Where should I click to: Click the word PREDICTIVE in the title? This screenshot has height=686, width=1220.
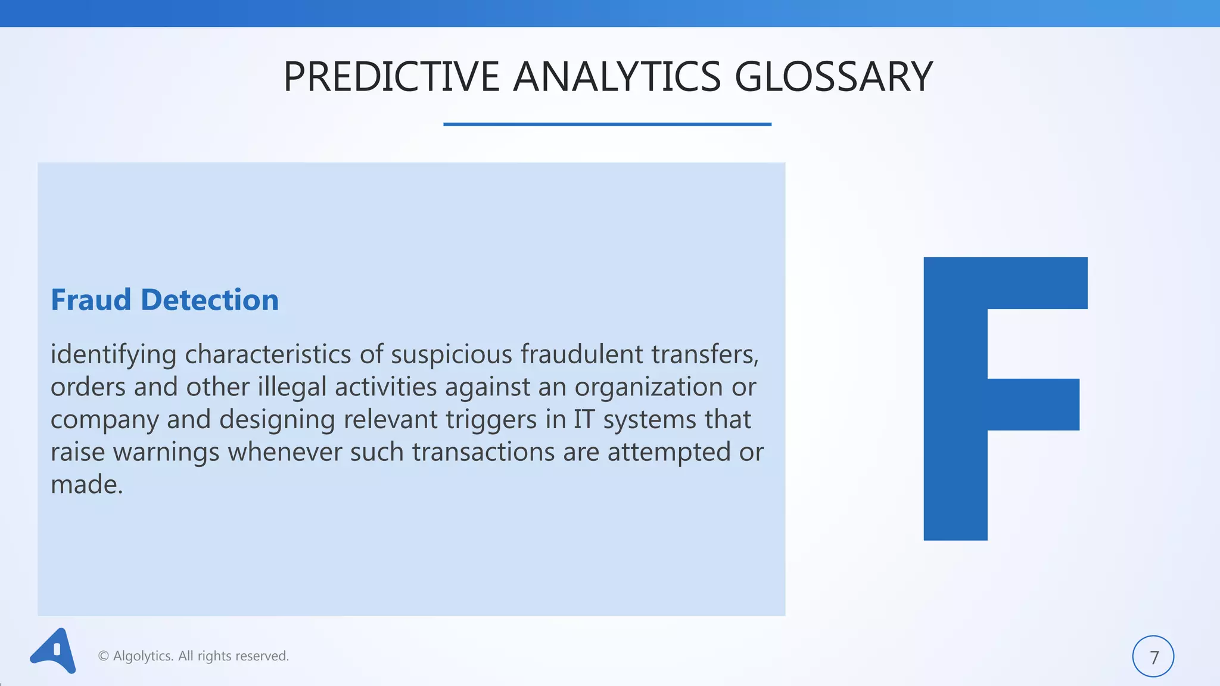tap(391, 77)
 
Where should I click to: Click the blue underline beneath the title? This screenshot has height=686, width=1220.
tap(607, 124)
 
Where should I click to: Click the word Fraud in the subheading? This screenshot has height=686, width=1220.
tap(91, 300)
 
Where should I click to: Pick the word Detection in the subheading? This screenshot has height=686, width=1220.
tap(210, 300)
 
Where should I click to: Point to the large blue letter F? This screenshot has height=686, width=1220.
tap(955, 398)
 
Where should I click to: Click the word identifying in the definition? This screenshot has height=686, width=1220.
tap(113, 355)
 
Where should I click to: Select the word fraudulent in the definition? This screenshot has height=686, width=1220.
tap(581, 355)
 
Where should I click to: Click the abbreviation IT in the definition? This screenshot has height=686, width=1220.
tap(584, 420)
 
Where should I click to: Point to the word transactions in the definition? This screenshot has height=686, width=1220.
tap(483, 453)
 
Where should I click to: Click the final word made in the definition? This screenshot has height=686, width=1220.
tap(86, 485)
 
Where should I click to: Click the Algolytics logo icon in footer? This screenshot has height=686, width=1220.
tap(54, 651)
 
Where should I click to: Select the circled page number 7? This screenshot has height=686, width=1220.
tap(1153, 656)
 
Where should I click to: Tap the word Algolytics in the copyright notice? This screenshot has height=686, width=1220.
tap(143, 656)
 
